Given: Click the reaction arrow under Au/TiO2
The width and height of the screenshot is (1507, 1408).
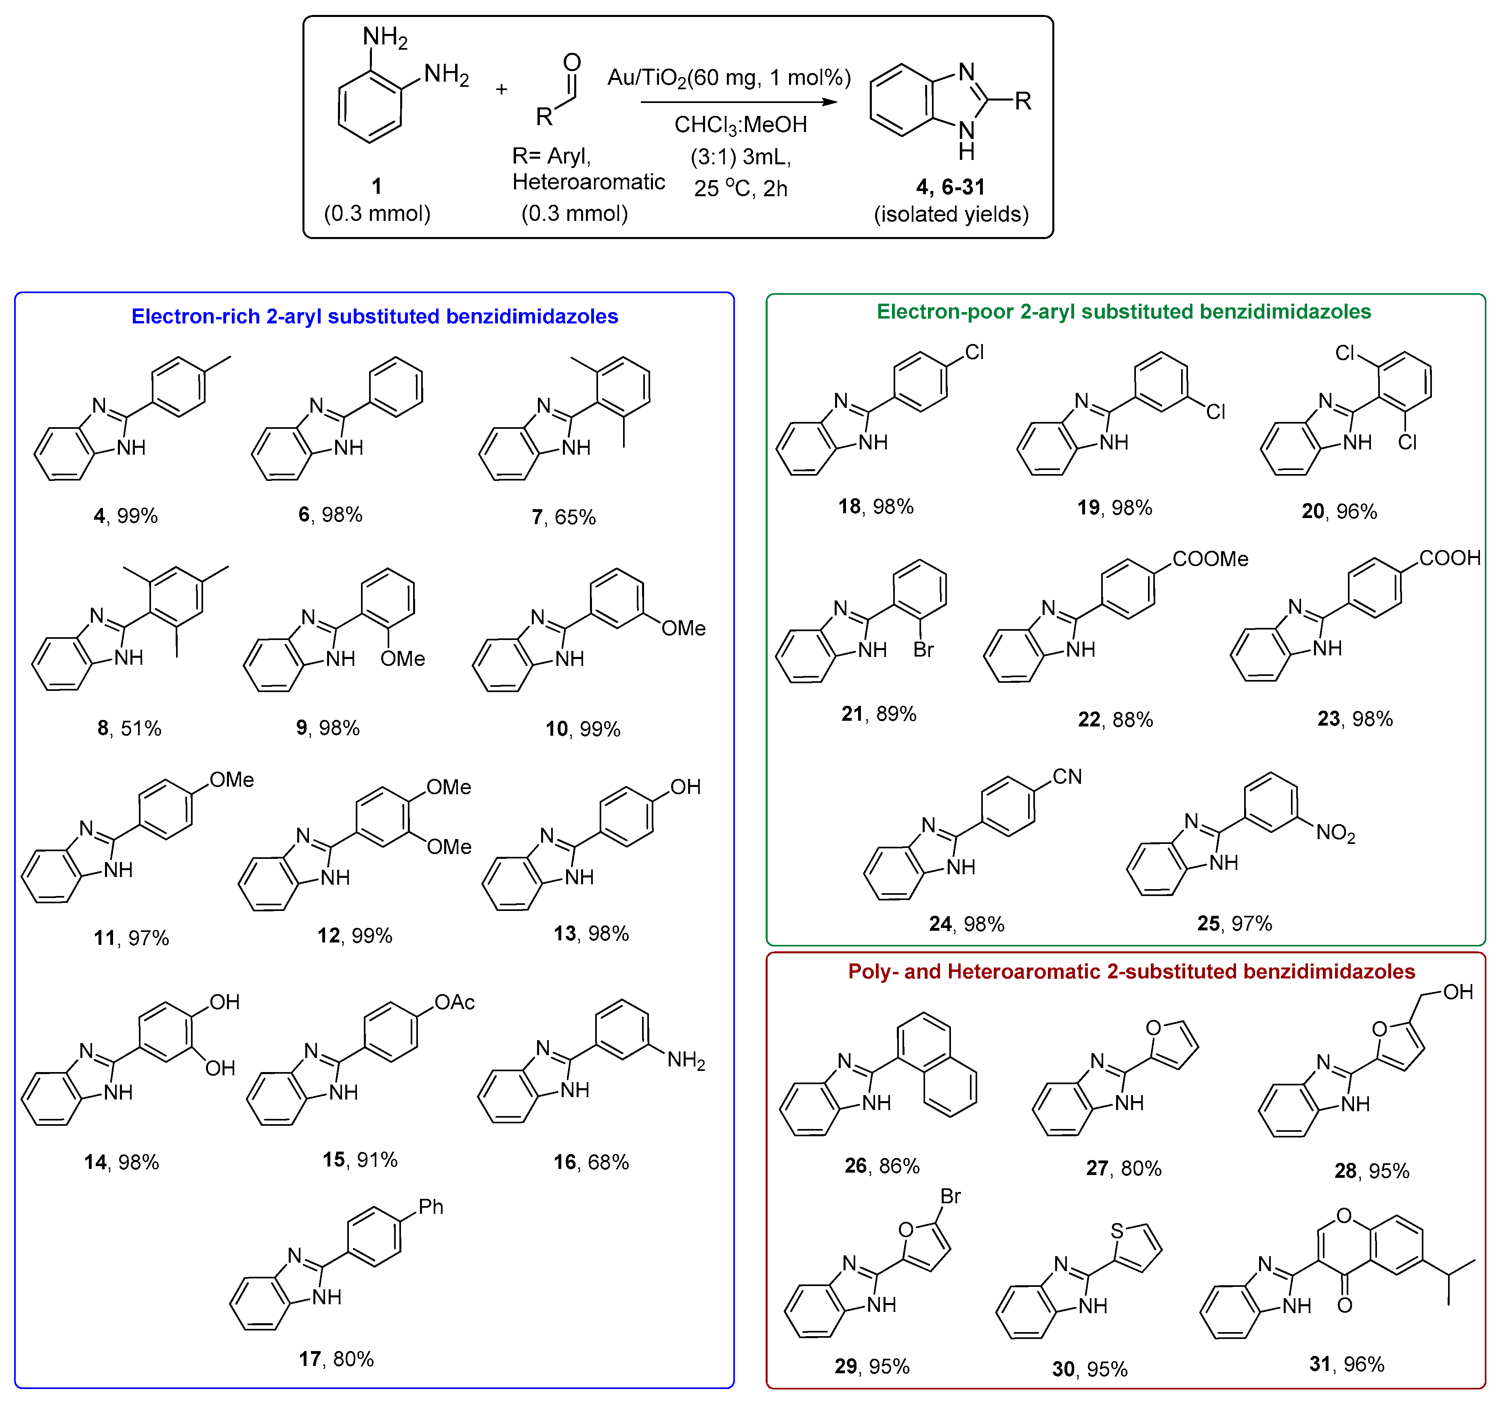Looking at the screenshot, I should coord(739,102).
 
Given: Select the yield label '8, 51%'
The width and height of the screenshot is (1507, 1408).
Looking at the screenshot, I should coord(129,729).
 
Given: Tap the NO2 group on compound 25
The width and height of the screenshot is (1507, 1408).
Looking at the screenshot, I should coord(1335,833).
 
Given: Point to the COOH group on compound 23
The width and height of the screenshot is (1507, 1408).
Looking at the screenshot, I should coord(1448,558).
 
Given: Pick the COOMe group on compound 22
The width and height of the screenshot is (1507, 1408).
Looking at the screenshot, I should coord(1210,559).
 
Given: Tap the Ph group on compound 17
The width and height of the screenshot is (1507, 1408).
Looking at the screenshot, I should coord(430,1207).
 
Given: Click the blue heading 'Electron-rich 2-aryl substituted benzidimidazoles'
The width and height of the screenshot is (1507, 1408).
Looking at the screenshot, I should coord(374,316).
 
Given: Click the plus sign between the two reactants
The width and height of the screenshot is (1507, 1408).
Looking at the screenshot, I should coord(501,90).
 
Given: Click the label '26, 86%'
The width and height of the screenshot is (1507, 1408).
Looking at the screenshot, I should coord(882,1165).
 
